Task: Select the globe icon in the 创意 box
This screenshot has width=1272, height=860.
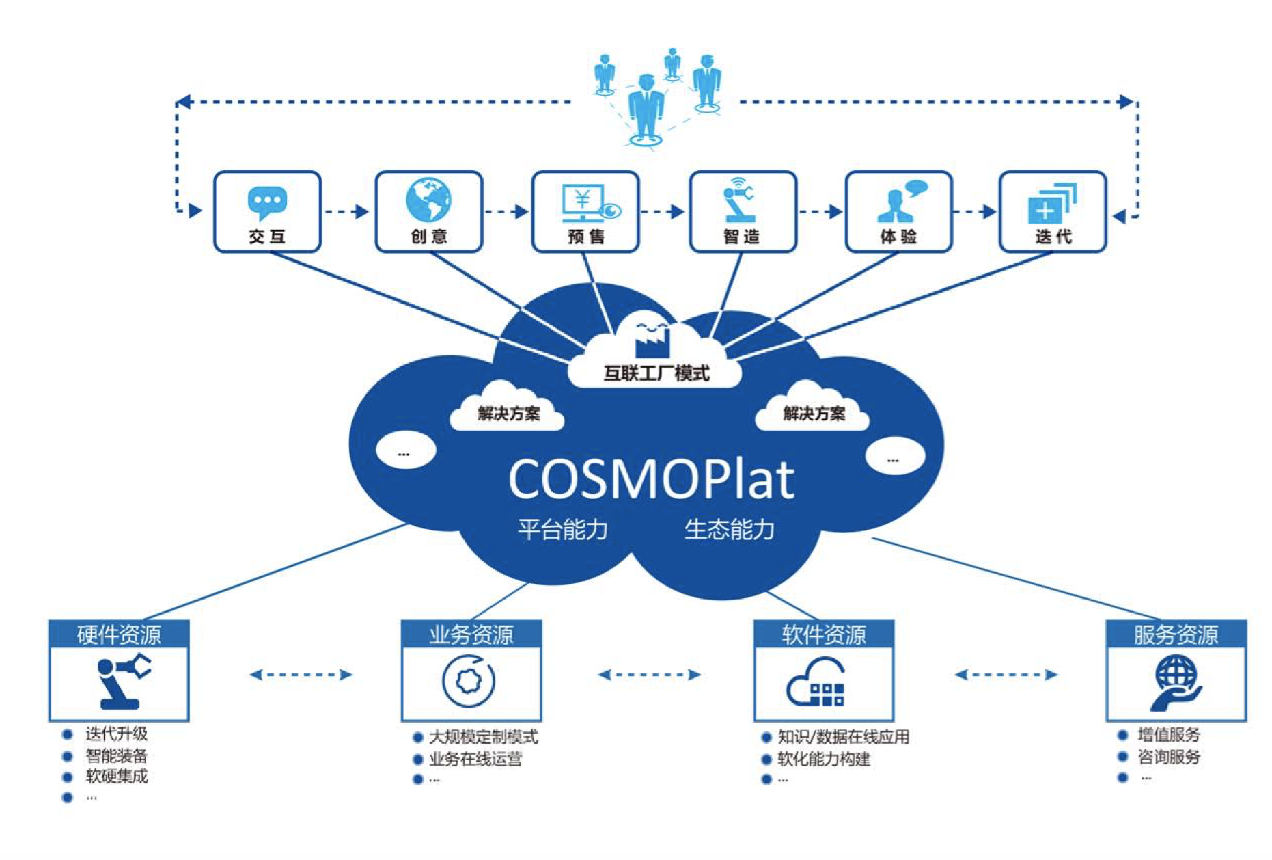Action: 428,200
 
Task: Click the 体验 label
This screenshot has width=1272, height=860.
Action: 898,237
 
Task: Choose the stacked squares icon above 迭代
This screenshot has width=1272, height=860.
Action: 1051,203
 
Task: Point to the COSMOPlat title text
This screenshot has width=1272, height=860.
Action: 651,479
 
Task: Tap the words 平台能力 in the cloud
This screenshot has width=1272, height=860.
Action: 562,529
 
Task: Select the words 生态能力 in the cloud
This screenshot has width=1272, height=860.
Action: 729,529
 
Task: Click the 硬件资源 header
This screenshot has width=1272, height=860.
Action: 119,634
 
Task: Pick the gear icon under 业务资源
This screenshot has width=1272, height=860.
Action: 469,681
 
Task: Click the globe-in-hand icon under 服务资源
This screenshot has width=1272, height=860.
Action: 1176,682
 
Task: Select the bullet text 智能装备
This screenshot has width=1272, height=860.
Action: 116,755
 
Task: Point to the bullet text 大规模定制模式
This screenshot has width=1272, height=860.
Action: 483,737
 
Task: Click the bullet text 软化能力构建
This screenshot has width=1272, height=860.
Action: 824,759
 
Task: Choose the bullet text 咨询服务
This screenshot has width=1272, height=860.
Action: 1168,757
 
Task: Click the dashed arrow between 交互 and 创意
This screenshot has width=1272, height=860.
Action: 347,212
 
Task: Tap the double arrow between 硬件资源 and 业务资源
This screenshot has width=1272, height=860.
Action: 301,675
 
